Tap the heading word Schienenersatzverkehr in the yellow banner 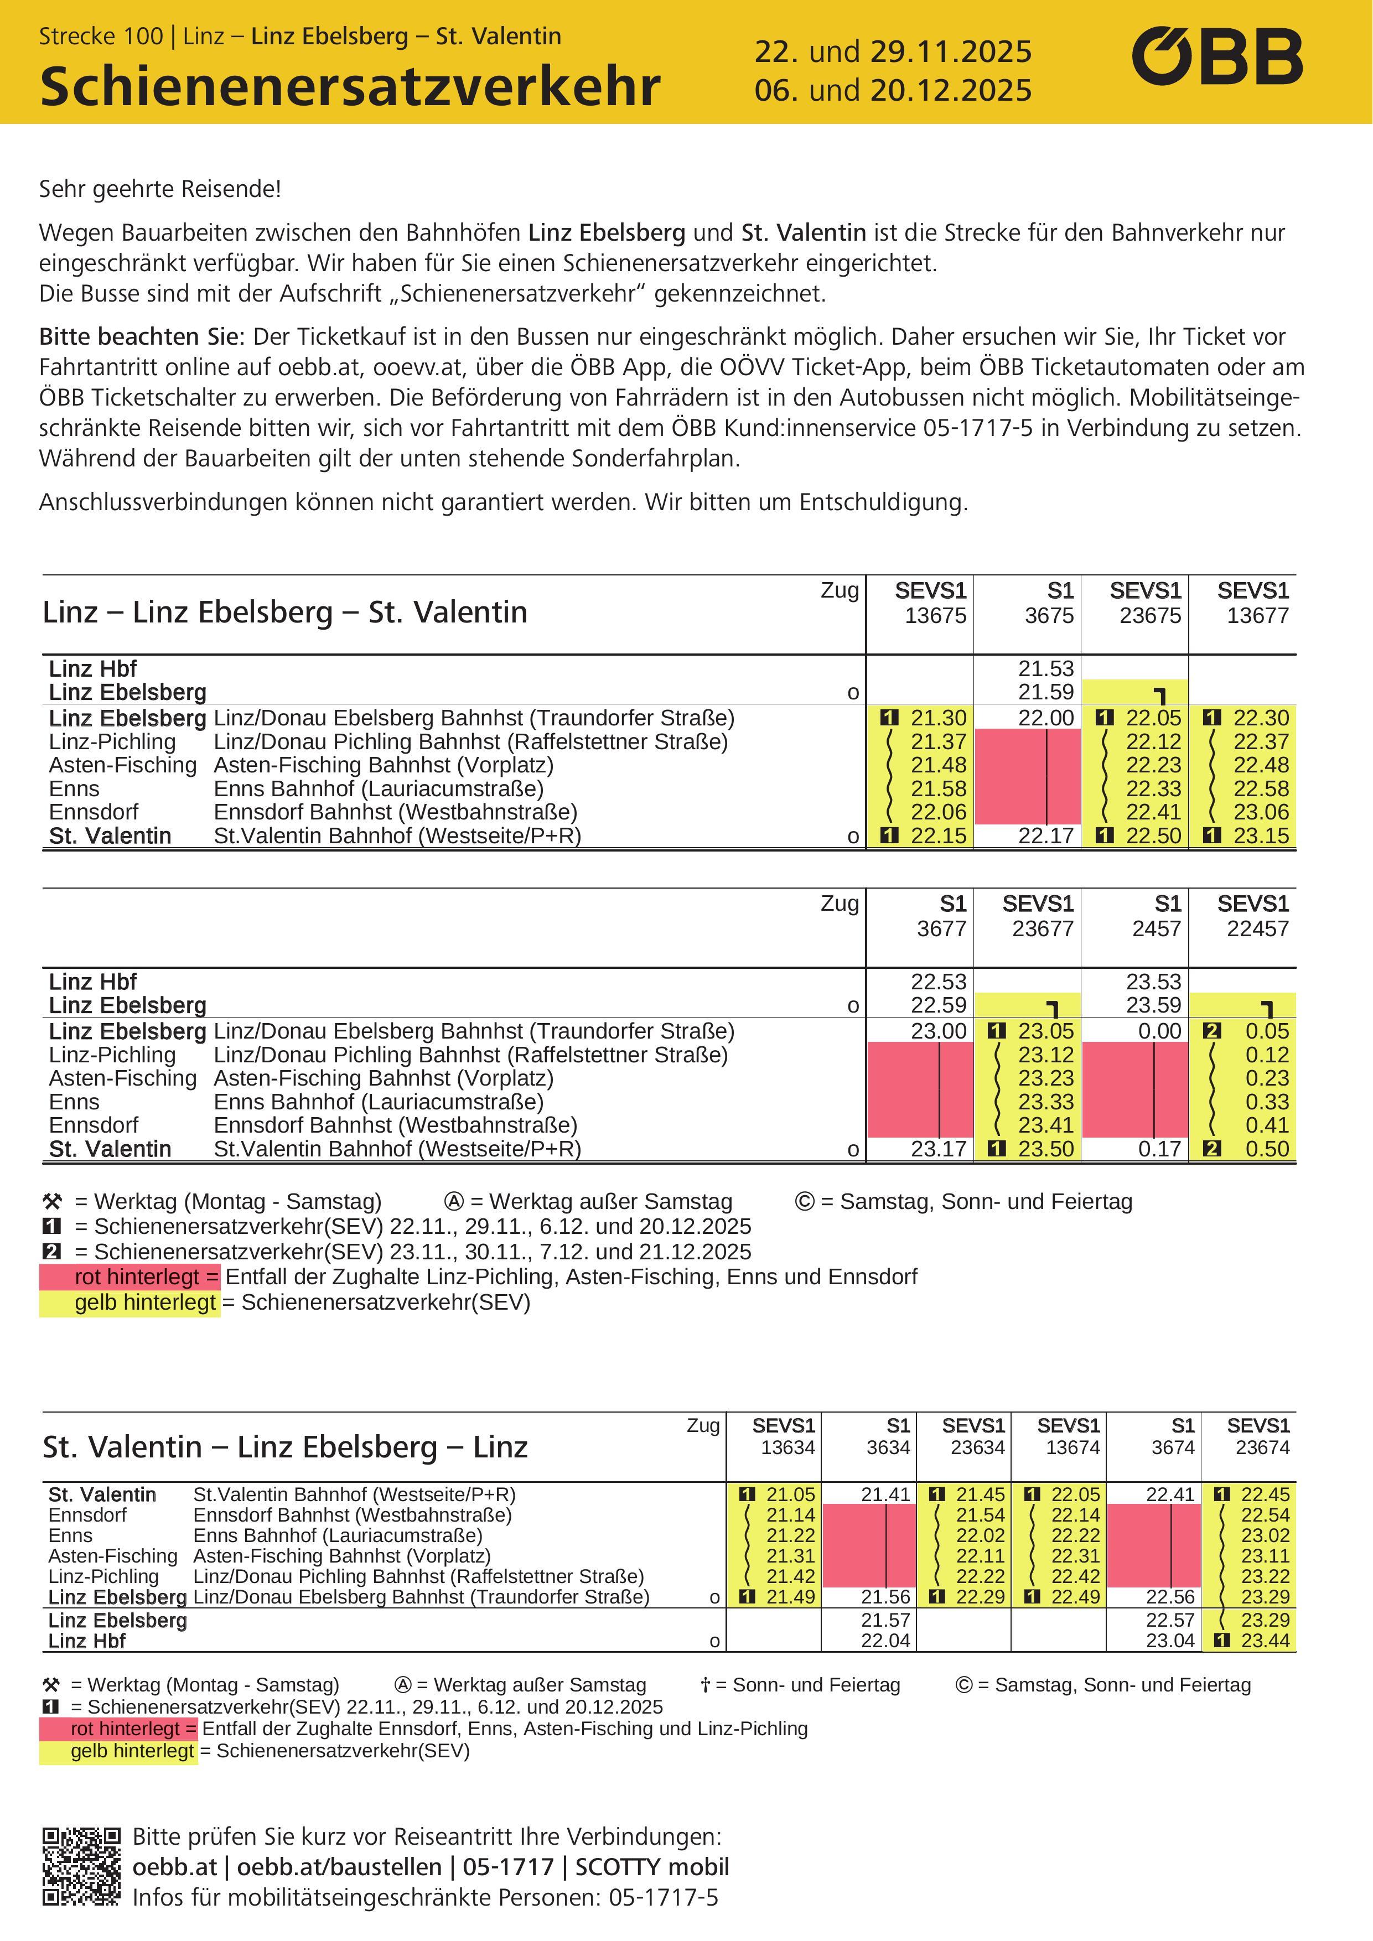coord(349,86)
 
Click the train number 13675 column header coord(935,615)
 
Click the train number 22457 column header coord(1257,928)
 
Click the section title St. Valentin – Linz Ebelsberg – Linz coord(285,1446)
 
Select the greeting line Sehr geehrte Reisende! coord(160,189)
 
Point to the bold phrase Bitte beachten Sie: coord(141,336)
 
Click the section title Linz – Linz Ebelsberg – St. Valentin coord(285,611)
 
